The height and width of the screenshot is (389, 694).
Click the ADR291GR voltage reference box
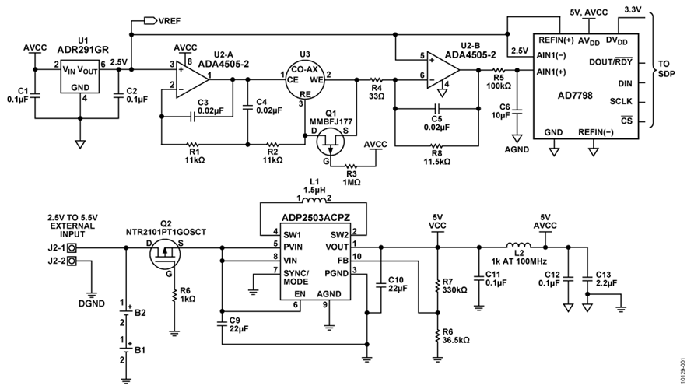pyautogui.click(x=79, y=78)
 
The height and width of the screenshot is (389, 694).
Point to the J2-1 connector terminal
pyautogui.click(x=72, y=248)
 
